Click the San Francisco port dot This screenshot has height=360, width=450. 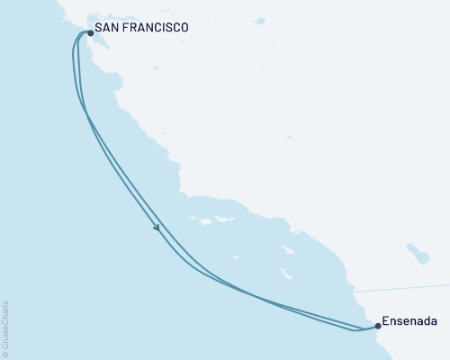pyautogui.click(x=90, y=34)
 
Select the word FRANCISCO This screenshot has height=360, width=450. pyautogui.click(x=158, y=29)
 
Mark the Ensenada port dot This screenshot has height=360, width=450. pyautogui.click(x=377, y=326)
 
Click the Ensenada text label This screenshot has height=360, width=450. pyautogui.click(x=409, y=319)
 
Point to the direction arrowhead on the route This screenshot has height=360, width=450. pyautogui.click(x=157, y=229)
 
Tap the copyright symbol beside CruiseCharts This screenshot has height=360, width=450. pyautogui.click(x=6, y=354)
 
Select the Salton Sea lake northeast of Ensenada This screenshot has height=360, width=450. pyautogui.click(x=416, y=250)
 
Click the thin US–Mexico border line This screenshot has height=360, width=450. pyautogui.click(x=405, y=287)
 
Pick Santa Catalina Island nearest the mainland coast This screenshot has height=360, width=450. pyautogui.click(x=288, y=251)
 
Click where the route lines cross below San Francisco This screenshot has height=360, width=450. pyautogui.click(x=84, y=110)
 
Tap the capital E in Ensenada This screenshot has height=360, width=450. pyautogui.click(x=386, y=319)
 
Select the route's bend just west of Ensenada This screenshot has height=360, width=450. pyautogui.click(x=360, y=329)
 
